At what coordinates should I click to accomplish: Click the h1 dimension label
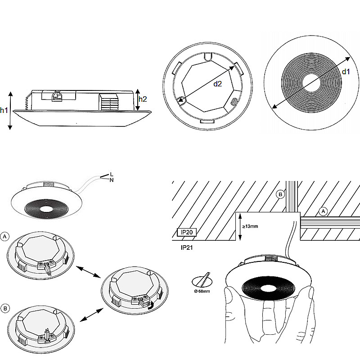tap(4, 110)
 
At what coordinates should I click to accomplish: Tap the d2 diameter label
tap(217, 83)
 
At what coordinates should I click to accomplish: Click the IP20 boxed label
tap(186, 232)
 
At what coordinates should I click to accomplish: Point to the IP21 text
tap(187, 247)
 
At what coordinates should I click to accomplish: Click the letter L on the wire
tap(111, 174)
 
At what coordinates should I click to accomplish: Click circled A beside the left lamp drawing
tap(5, 236)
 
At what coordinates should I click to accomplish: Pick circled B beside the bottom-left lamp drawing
tap(5, 308)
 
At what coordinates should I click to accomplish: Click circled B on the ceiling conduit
tap(280, 194)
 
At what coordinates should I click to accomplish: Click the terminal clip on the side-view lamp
tap(57, 95)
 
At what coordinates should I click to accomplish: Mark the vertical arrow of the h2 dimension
tap(137, 99)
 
